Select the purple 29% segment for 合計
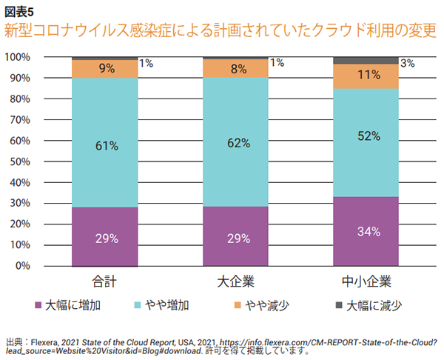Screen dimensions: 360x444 pos(105,237)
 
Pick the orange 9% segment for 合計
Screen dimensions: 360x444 pos(105,69)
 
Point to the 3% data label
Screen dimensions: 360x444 pos(407,64)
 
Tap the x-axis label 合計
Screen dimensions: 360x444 pos(105,282)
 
